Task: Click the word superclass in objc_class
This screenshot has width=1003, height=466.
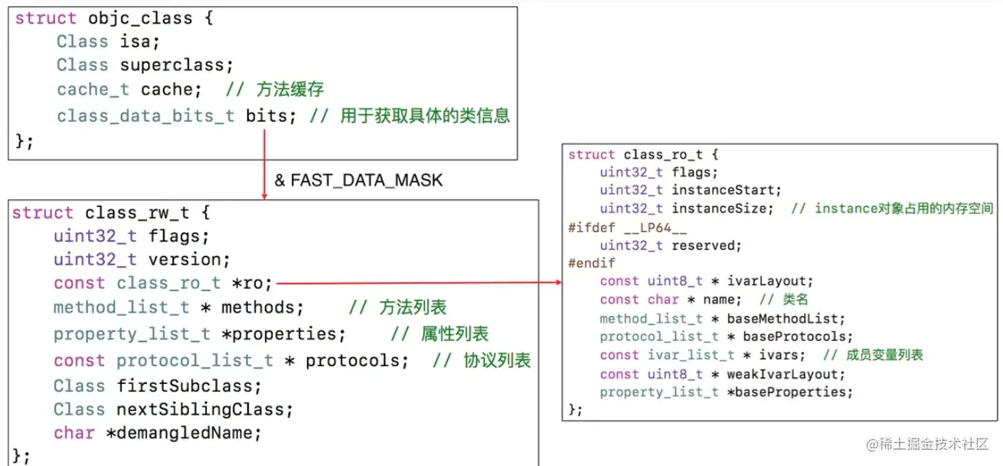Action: point(176,65)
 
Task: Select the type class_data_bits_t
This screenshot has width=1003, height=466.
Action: point(145,116)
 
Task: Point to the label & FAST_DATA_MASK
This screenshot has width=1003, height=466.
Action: point(358,181)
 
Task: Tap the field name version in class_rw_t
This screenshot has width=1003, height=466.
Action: point(189,259)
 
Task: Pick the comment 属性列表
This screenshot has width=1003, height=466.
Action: point(454,334)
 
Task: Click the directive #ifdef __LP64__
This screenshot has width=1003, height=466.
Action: point(617,228)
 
